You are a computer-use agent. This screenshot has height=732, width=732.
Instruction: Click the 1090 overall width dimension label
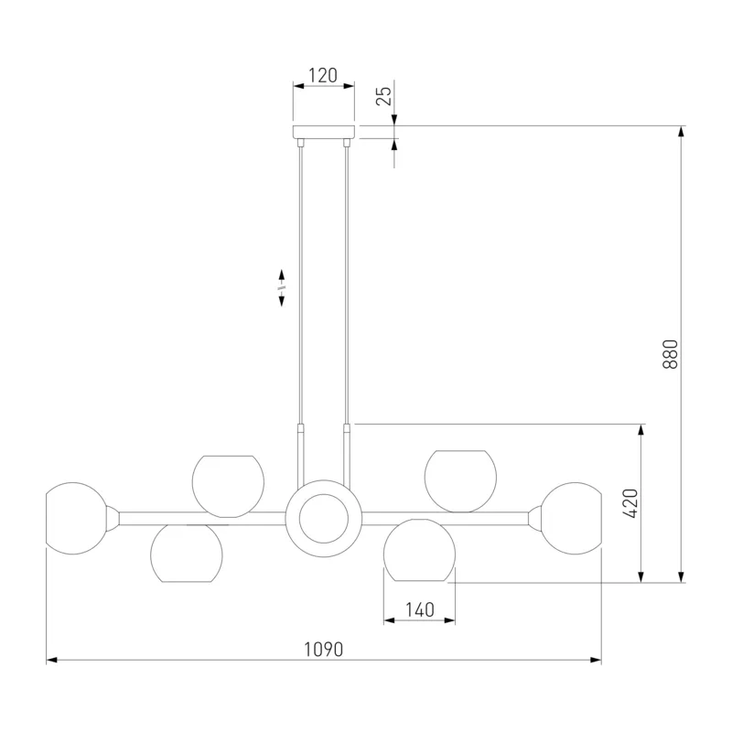click(x=324, y=650)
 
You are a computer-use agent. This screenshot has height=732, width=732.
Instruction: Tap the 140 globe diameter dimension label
click(x=420, y=609)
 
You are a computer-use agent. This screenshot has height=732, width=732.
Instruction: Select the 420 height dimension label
click(x=630, y=503)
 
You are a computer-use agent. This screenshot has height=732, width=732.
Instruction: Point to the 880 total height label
click(x=670, y=354)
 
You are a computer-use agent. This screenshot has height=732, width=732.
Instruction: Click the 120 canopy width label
click(x=323, y=75)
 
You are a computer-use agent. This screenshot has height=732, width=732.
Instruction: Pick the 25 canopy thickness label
click(x=384, y=96)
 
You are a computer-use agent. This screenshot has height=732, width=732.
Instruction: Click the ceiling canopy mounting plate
click(x=324, y=132)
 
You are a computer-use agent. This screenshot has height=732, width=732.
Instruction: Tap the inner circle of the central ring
click(x=324, y=519)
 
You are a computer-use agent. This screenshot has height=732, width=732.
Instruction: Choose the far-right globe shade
click(x=571, y=518)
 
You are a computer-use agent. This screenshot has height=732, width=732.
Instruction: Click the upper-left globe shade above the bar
click(x=228, y=487)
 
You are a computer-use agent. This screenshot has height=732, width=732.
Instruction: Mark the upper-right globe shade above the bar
click(x=460, y=481)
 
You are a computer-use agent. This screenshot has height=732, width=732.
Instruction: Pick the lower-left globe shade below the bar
click(x=187, y=554)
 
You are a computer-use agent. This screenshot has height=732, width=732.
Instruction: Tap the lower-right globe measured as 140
click(x=419, y=550)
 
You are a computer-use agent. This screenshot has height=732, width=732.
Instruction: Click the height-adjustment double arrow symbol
click(x=282, y=287)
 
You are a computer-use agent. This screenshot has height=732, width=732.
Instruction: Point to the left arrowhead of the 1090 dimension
click(x=52, y=660)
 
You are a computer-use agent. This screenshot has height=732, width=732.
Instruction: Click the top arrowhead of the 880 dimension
click(x=681, y=131)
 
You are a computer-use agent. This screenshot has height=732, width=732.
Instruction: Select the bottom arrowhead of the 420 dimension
click(x=641, y=577)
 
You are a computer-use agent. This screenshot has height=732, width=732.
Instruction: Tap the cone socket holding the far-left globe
click(x=113, y=519)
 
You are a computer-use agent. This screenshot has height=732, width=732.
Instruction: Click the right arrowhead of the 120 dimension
click(x=349, y=86)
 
